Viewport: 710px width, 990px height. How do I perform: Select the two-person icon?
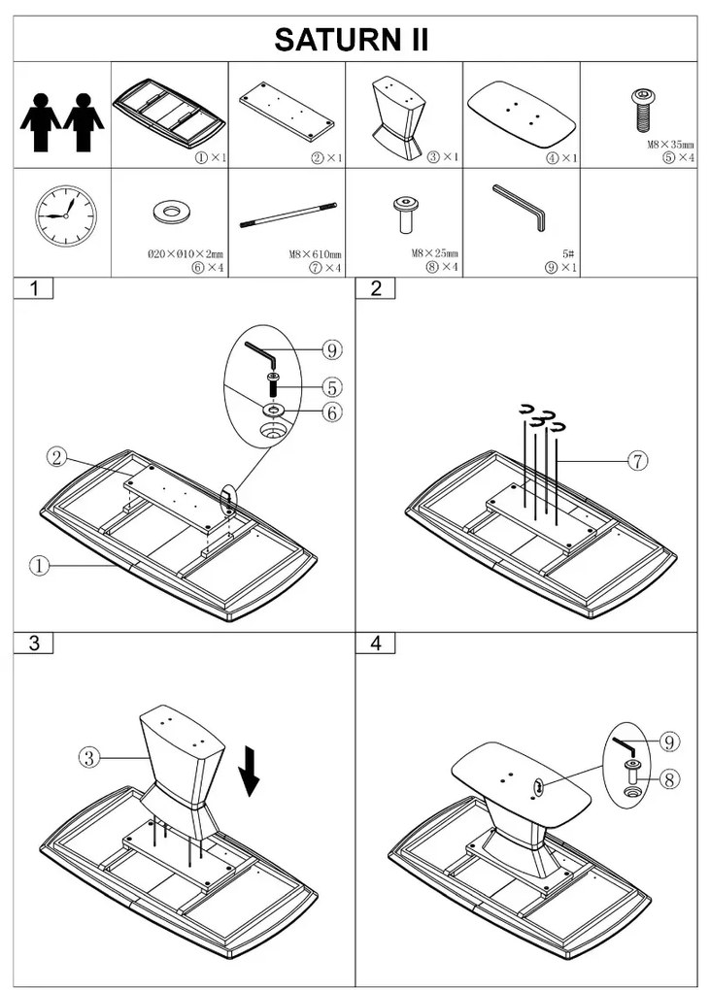62,121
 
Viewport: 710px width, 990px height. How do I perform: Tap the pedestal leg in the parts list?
400,117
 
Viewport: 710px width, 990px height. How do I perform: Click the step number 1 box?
35,288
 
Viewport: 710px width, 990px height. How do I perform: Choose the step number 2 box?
376,288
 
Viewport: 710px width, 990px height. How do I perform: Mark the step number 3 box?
35,643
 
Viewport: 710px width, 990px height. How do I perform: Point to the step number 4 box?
376,643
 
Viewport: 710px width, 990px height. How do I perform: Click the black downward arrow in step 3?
250,770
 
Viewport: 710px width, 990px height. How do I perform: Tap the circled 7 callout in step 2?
636,461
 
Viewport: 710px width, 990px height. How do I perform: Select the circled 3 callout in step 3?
89,758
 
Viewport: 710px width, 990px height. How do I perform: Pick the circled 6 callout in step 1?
331,412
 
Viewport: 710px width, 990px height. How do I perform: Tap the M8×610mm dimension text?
315,255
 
